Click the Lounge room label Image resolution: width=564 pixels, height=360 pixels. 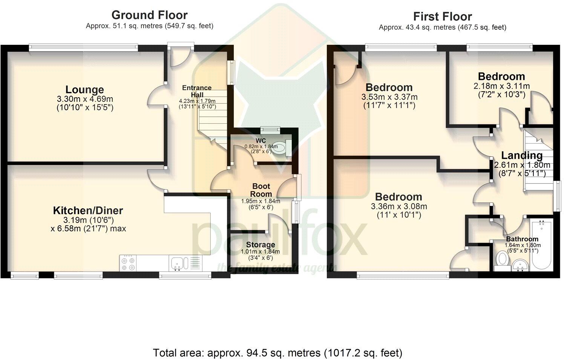pos(85,90)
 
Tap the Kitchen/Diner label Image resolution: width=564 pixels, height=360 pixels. pos(88,210)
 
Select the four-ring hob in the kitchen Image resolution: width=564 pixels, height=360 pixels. pos(127,263)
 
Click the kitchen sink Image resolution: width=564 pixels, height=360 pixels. pos(177,263)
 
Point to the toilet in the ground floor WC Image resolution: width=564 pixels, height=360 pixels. pos(279,148)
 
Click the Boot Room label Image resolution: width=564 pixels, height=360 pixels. pos(261,190)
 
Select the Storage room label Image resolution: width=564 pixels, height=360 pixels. pos(261,245)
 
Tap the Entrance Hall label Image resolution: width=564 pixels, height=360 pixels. pos(197,91)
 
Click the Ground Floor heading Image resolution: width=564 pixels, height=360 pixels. pos(149,15)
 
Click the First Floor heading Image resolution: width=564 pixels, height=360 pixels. pos(442,17)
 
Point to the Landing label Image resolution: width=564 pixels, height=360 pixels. pos(522,155)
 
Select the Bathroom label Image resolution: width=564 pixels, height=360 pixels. pos(522,239)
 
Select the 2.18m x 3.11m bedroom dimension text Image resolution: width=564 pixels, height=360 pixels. pos(501,86)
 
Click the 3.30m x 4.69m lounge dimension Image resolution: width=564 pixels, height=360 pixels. pos(85,99)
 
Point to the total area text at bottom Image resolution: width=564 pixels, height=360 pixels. pos(277,353)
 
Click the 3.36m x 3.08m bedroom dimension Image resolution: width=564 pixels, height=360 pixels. pos(398,207)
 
